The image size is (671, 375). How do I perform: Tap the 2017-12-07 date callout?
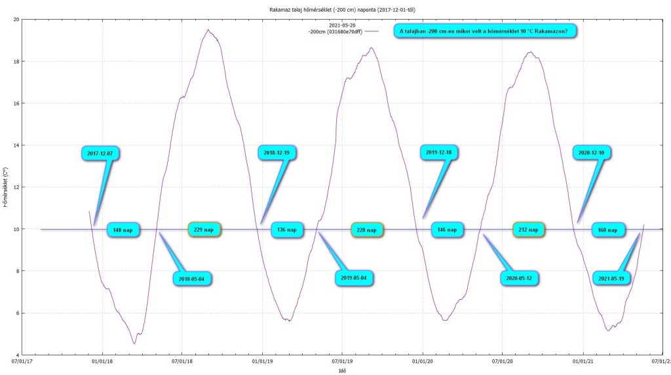100,153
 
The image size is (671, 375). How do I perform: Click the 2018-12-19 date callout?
277,152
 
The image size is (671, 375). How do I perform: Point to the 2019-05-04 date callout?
356,277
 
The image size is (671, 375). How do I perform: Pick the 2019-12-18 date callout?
438,152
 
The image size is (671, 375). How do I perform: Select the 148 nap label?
123,230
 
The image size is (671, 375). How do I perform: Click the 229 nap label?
204,230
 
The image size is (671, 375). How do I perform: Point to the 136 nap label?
287,230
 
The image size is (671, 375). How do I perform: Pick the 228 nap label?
367,230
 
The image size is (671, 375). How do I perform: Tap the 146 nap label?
448,230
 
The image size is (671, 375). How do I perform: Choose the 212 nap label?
529,230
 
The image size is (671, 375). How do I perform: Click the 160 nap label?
609,230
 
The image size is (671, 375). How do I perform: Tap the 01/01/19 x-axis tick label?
262,360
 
